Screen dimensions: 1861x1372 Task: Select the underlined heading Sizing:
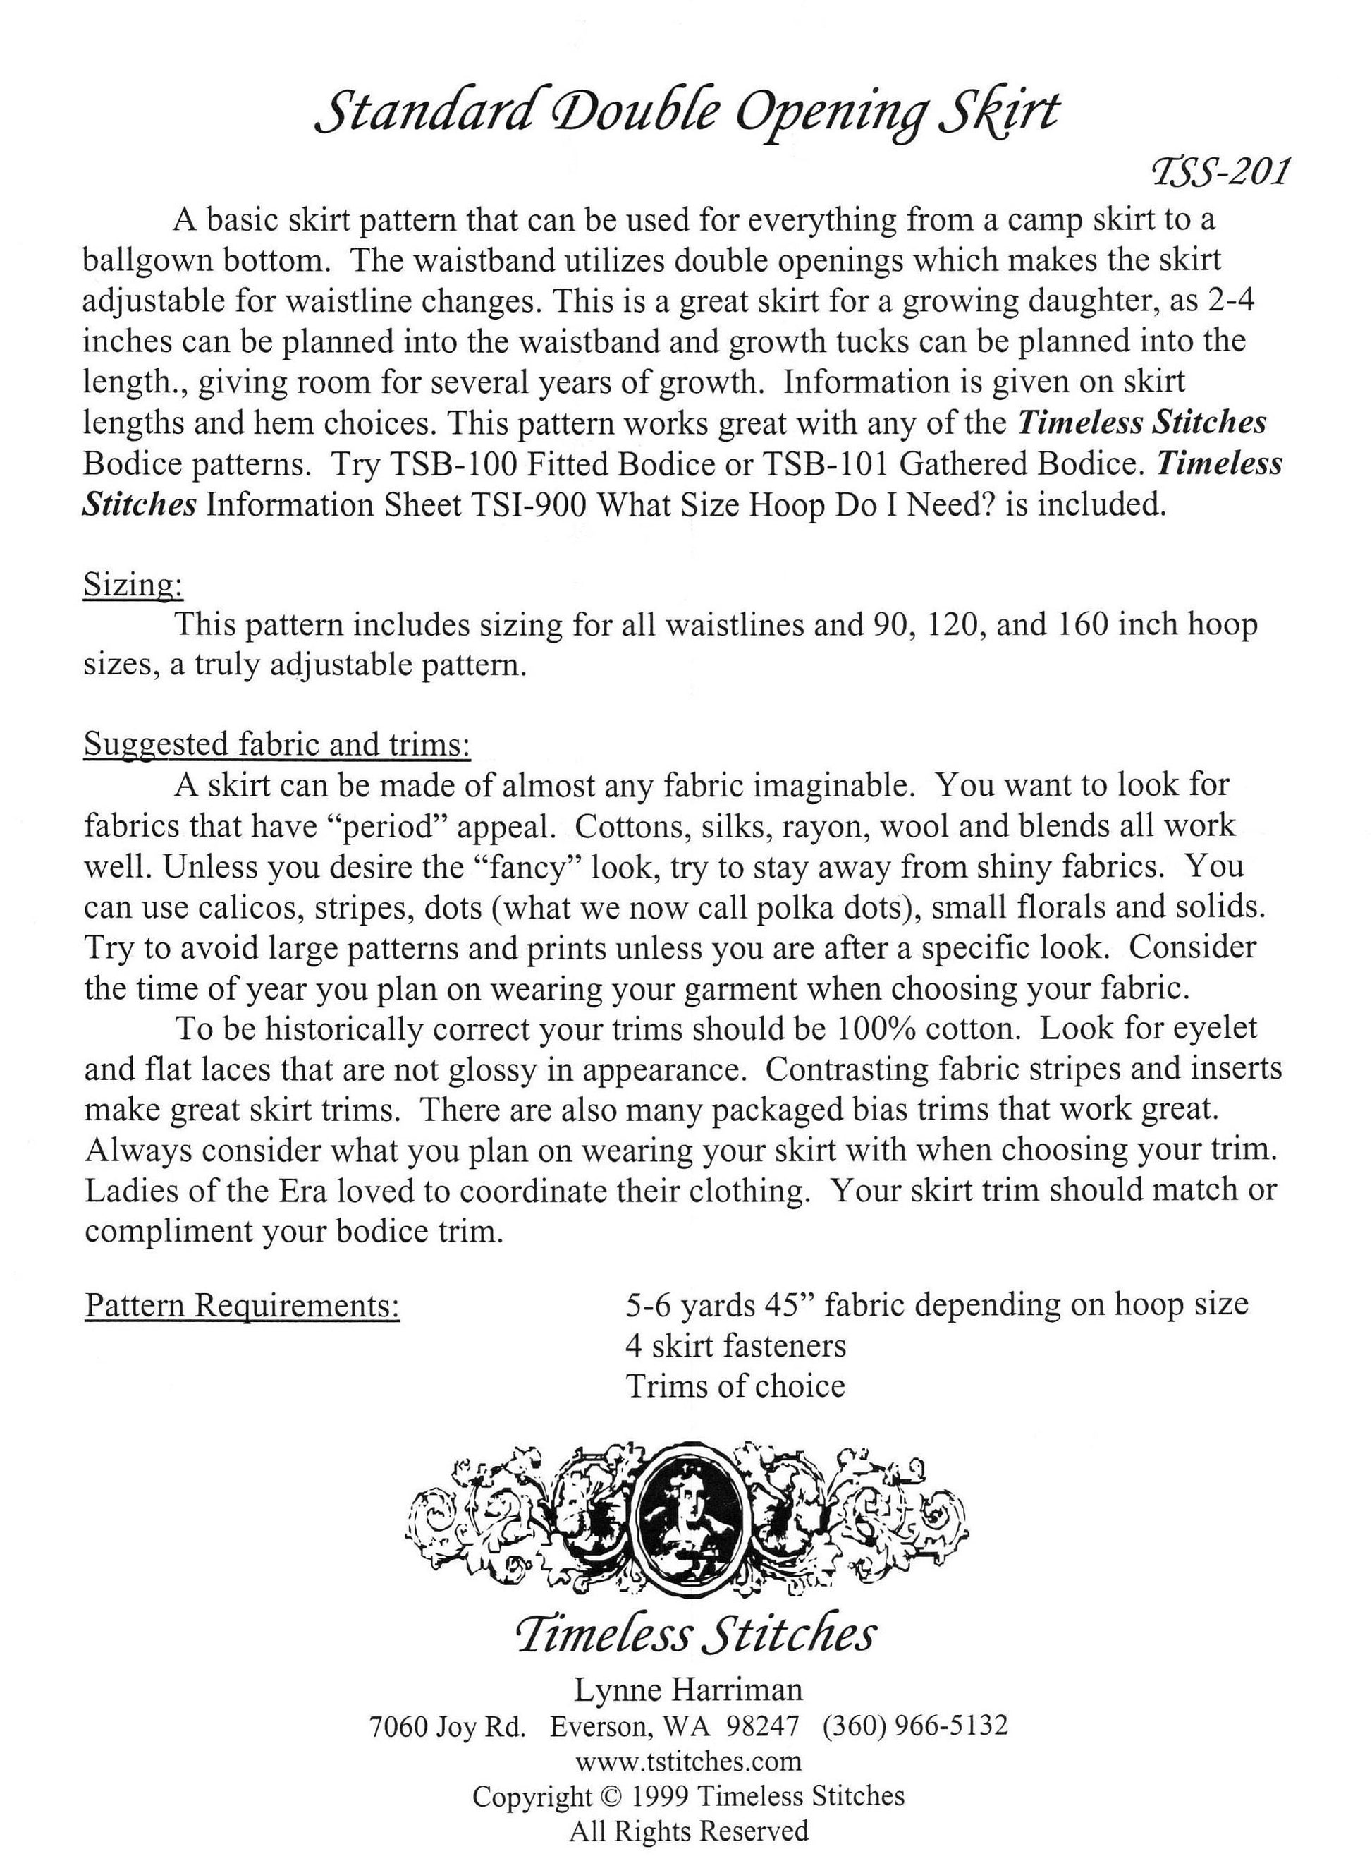[133, 586]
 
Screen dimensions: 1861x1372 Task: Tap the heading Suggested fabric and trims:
[277, 744]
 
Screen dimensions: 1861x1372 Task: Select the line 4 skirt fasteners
[736, 1346]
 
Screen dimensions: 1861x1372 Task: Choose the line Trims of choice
[735, 1386]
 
